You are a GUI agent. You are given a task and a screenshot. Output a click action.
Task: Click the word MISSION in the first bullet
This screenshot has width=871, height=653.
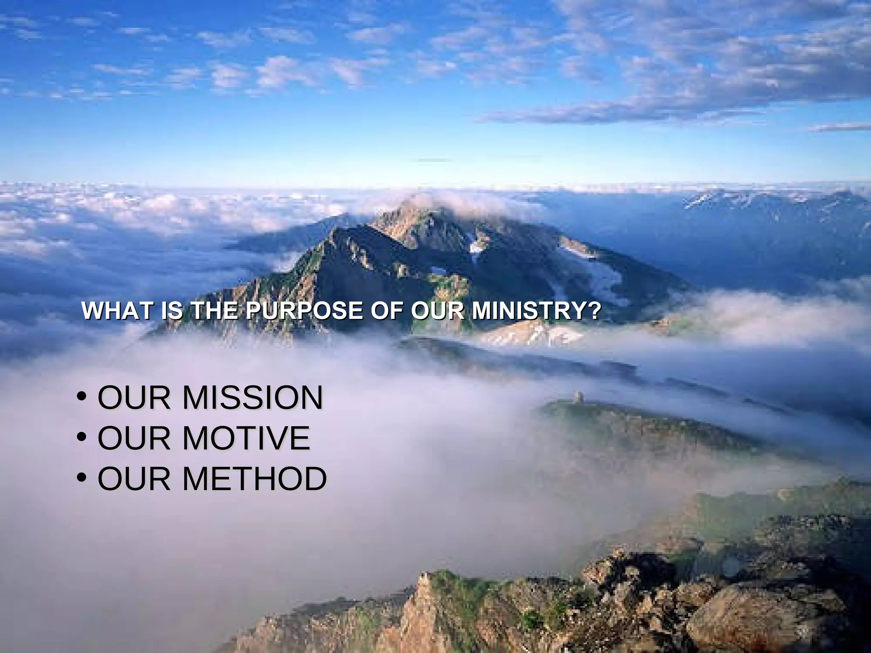coord(253,397)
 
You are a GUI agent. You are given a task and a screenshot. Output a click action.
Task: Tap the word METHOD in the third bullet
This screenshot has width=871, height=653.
coord(255,479)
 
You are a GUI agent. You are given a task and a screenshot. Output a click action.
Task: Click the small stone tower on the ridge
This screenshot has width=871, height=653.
coord(578,397)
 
